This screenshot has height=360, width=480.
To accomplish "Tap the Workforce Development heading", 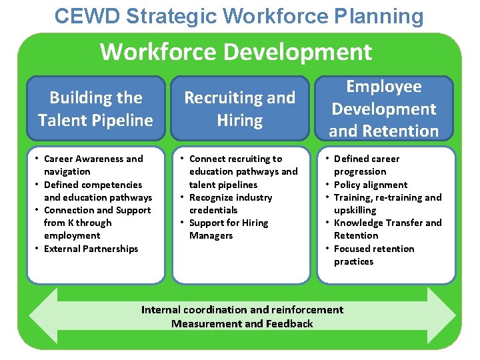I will pyautogui.click(x=236, y=51).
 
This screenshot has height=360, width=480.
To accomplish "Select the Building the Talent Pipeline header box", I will pyautogui.click(x=95, y=109).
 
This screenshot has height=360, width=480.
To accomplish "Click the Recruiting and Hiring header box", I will pyautogui.click(x=239, y=109).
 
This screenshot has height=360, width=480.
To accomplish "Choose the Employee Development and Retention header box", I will pyautogui.click(x=385, y=109).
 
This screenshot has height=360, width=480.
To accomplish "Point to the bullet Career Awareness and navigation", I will pyautogui.click(x=93, y=165).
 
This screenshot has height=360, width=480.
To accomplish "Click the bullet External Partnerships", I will pyautogui.click(x=91, y=249).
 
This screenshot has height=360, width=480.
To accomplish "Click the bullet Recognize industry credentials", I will pyautogui.click(x=231, y=203).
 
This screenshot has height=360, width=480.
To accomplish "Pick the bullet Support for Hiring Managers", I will pyautogui.click(x=229, y=229).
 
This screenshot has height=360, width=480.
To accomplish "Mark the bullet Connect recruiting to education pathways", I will pyautogui.click(x=243, y=171).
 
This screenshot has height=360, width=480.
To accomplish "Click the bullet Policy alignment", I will pyautogui.click(x=371, y=185).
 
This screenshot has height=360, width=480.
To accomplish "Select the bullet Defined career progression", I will pyautogui.click(x=367, y=165).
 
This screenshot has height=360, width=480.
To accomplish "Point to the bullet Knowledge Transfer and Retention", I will pyautogui.click(x=387, y=229).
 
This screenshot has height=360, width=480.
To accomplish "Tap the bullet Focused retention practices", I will pyautogui.click(x=373, y=255).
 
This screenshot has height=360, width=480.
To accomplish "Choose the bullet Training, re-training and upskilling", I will pyautogui.click(x=387, y=203).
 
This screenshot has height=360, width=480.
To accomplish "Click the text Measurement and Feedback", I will pyautogui.click(x=242, y=324).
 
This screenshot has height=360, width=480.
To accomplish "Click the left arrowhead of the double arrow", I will pyautogui.click(x=43, y=316).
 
